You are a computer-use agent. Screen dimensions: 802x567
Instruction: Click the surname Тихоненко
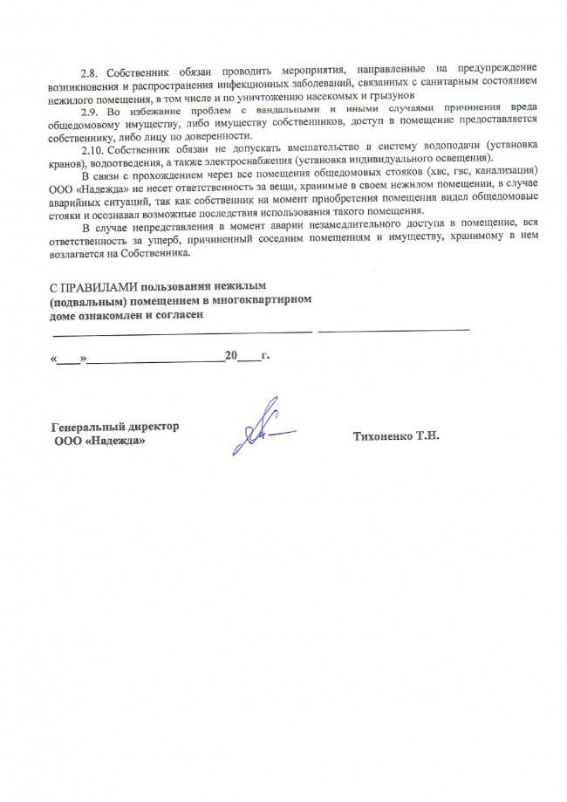[382, 435]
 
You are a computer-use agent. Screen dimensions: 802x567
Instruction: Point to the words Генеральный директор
[115, 427]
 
